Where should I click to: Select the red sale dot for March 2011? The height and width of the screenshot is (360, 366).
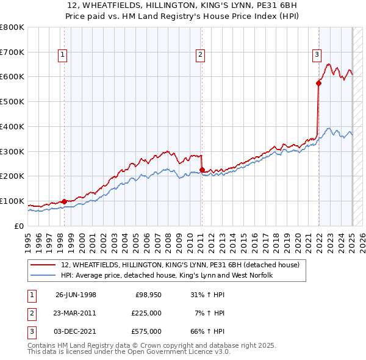(x=202, y=170)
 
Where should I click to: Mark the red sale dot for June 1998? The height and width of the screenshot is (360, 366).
(x=65, y=201)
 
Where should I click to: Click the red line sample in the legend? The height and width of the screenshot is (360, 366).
(x=44, y=265)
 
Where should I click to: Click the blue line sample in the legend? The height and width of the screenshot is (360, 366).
(x=44, y=276)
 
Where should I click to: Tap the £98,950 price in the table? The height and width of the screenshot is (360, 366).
(x=148, y=295)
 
